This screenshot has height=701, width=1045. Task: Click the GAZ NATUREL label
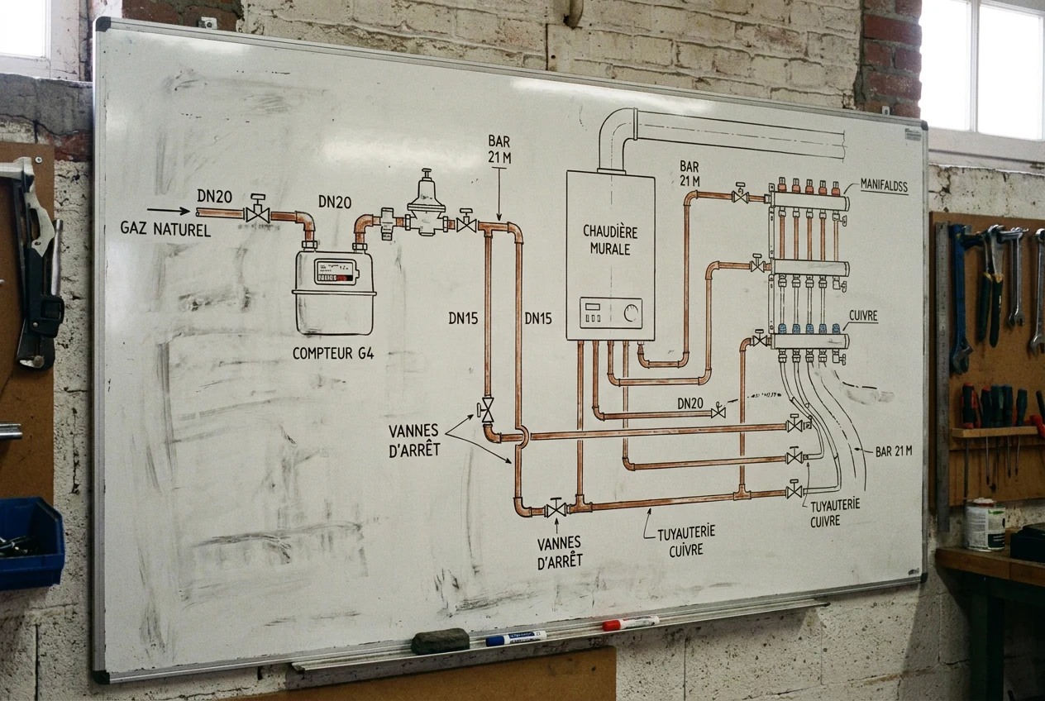pos(165,229)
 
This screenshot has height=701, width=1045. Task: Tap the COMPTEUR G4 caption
pos(333,353)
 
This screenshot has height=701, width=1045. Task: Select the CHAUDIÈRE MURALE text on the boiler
pos(610,240)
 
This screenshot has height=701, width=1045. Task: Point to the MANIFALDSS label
pos(884,186)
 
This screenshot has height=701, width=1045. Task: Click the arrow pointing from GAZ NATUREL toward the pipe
pos(169,211)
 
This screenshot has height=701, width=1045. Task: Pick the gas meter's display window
pos(336,272)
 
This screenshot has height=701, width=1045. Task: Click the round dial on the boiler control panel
pos(631,312)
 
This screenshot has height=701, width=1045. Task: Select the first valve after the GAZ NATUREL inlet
pos(257,210)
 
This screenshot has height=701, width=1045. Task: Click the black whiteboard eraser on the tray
pos(440,641)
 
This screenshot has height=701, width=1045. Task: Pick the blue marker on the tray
pos(516,637)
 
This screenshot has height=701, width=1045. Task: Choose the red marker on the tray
pos(631,622)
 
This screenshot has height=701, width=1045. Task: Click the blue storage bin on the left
pos(31,543)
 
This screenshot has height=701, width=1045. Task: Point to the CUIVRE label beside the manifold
pos(863,316)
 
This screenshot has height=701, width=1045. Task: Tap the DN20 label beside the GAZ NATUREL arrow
pos(215,197)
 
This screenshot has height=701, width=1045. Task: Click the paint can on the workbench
pos(985,524)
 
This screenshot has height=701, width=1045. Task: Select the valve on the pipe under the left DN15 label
pos(486,411)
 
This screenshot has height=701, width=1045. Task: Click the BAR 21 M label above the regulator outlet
pos(499,150)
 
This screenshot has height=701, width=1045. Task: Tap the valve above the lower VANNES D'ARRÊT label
pos(556,508)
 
